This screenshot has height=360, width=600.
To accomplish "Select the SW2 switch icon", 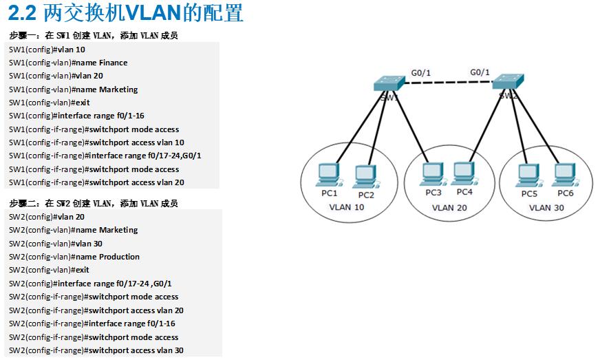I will click(x=508, y=81).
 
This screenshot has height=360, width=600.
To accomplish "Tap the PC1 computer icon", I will click(x=328, y=176).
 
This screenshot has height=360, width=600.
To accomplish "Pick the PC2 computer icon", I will click(x=365, y=177).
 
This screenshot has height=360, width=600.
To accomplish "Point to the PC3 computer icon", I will click(x=433, y=174).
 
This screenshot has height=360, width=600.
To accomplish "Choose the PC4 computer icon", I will click(x=464, y=173).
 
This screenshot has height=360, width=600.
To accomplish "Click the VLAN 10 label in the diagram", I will click(x=347, y=207).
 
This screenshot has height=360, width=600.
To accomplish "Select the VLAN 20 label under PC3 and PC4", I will click(x=449, y=207).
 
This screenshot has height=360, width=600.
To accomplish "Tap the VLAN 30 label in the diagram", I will click(x=546, y=207).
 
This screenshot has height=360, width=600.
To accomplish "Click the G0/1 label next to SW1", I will click(x=420, y=72).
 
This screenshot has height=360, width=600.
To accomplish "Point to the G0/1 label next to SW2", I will click(x=480, y=72).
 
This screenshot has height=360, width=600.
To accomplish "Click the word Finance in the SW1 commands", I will click(x=113, y=63).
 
